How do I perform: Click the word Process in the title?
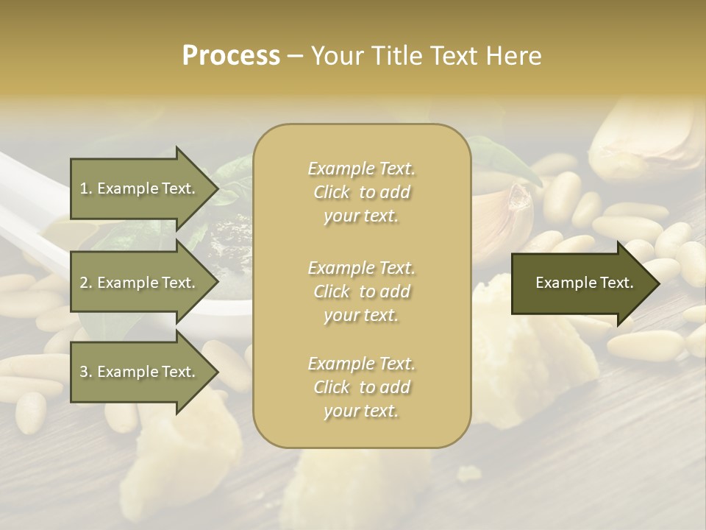231,56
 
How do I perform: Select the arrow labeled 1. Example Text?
138,188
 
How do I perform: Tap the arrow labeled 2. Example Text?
138,283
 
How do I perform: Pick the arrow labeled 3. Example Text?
138,372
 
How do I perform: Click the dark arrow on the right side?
581,283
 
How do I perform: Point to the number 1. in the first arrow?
85,188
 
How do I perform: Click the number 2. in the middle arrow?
85,283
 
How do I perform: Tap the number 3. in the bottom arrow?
85,372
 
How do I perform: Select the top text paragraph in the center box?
361,192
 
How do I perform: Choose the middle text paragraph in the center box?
361,291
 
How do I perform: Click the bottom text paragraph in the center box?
361,387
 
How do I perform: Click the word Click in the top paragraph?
332,192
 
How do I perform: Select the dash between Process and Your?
295,56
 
